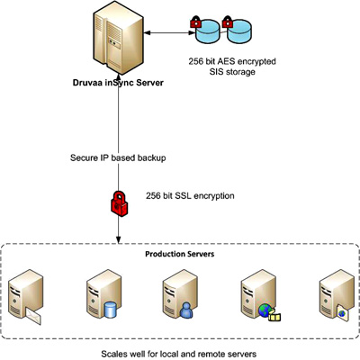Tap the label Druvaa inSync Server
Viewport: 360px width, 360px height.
118,83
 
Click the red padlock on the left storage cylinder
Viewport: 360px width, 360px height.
195,22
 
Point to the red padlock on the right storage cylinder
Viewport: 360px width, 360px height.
227,22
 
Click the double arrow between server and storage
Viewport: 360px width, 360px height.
170,32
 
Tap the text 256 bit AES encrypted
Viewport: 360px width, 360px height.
232,61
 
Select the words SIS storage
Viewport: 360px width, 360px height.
232,72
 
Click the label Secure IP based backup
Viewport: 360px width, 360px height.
118,157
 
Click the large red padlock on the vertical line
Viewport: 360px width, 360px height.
120,203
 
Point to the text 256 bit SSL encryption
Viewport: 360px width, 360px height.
190,196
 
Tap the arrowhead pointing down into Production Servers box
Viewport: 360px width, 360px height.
119,239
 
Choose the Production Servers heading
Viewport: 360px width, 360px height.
180,254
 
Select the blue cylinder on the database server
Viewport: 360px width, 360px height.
110,310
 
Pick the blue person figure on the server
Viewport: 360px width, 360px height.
186,310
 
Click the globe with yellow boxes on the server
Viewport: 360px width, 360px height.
269,312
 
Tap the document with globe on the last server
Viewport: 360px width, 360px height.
342,313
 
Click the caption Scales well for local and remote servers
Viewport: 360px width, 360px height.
179,354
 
